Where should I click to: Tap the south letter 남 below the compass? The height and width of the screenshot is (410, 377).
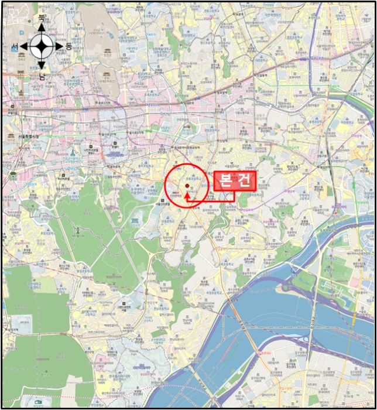pos(42,76)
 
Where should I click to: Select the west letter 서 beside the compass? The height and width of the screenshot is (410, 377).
pos(14,46)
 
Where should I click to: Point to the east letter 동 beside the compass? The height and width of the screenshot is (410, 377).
pos(68,46)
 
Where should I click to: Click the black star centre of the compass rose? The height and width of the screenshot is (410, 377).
pos(42,46)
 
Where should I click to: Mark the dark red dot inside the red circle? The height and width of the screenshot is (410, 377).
pos(187,186)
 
